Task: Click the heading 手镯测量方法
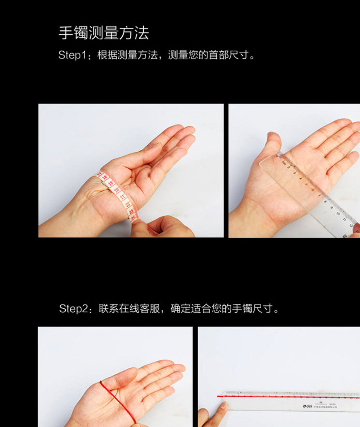tap(103, 33)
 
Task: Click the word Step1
tap(71, 55)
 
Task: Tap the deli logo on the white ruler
tap(308, 406)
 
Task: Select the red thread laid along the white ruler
tap(289, 396)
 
